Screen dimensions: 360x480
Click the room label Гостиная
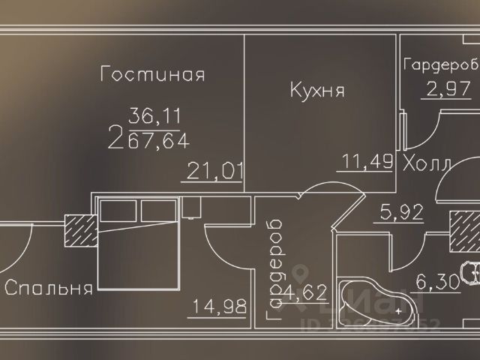click(x=153, y=75)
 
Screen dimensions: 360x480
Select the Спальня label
click(x=49, y=288)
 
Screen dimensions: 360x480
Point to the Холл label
click(x=427, y=163)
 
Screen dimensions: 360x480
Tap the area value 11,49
click(x=367, y=162)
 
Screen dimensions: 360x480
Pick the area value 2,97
click(x=447, y=91)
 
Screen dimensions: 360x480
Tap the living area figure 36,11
click(x=156, y=117)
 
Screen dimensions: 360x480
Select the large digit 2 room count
click(x=116, y=137)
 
